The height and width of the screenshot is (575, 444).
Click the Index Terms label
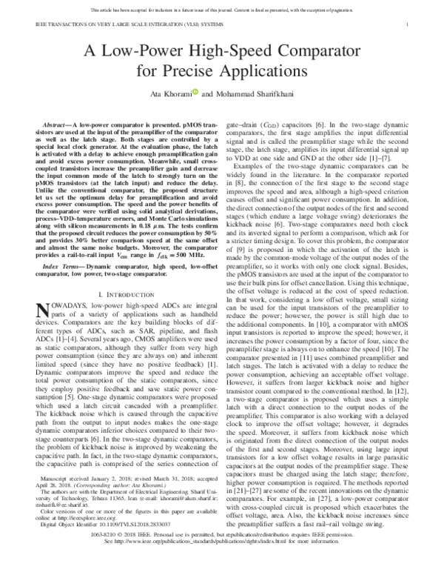coord(63,274)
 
